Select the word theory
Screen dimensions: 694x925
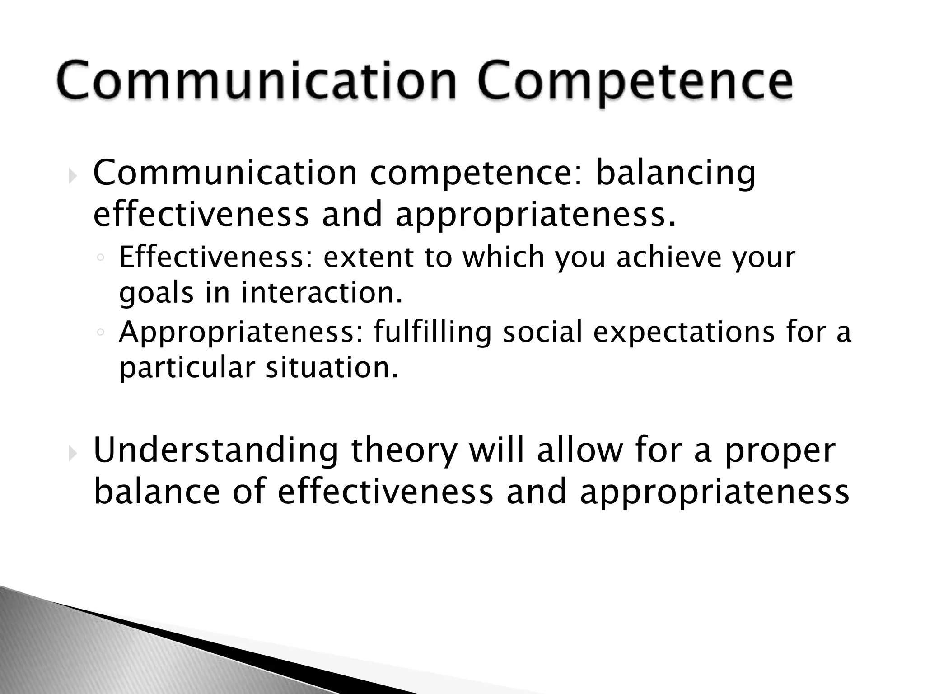(x=404, y=452)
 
